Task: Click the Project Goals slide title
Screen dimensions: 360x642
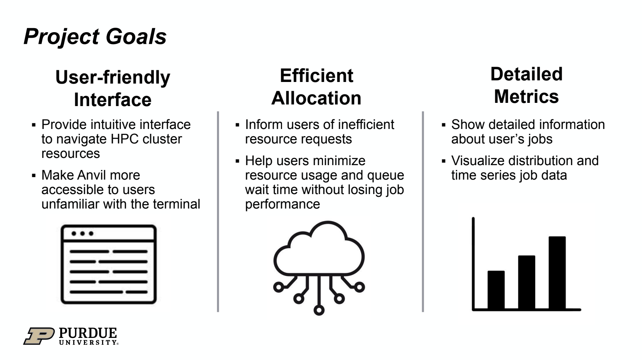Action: tap(95, 37)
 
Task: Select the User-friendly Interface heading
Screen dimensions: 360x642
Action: tap(113, 88)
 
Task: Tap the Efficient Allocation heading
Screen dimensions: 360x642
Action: tap(316, 87)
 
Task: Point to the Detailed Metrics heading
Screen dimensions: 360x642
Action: tap(526, 85)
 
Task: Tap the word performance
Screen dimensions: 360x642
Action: tap(282, 204)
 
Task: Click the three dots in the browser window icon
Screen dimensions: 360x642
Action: tap(82, 233)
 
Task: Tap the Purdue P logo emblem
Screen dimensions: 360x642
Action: tap(39, 336)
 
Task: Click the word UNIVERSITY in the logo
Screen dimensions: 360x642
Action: tap(88, 343)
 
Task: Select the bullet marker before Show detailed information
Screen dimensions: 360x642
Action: tap(444, 125)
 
